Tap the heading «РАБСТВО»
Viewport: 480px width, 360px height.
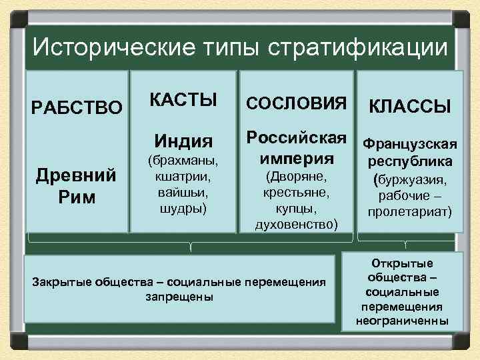77,107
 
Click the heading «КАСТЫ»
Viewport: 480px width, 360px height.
183,100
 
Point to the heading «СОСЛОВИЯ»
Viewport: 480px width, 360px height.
297,103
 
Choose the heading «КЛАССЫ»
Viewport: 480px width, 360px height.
410,106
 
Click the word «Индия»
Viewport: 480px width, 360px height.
183,141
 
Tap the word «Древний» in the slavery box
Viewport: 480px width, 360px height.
77,176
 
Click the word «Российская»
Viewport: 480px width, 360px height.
297,138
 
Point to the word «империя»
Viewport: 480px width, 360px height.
297,159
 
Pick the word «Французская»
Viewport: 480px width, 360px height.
410,145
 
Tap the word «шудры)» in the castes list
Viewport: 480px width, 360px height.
183,208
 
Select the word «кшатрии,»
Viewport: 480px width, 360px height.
183,176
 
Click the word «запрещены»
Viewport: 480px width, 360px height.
179,297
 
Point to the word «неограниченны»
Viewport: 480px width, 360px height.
402,321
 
